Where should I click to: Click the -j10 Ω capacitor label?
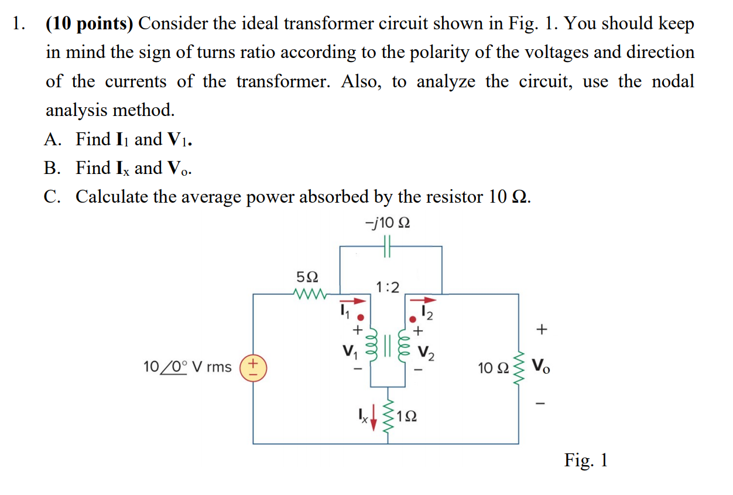[x=387, y=223]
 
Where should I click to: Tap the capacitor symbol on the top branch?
[x=387, y=247]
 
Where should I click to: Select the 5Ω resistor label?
[x=308, y=276]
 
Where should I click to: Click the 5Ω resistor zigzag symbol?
[x=308, y=292]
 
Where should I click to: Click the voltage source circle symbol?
[x=254, y=367]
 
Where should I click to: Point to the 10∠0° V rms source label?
[x=187, y=367]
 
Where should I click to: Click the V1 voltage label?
[x=349, y=353]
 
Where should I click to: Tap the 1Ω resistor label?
[x=407, y=417]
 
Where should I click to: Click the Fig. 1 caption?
[x=586, y=460]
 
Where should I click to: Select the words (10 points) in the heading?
[x=90, y=23]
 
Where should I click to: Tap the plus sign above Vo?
[x=542, y=330]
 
